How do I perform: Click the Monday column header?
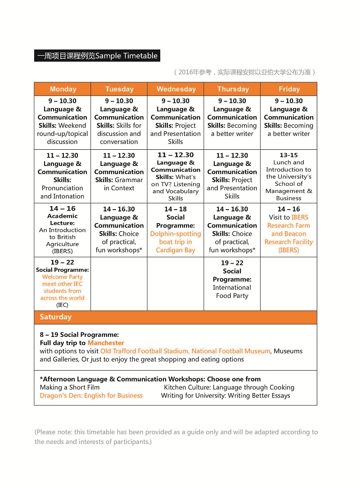coord(63,89)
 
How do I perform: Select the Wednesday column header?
coord(176,89)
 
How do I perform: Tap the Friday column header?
coord(289,89)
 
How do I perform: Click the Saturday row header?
coord(55,317)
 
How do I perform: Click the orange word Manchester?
coord(106,343)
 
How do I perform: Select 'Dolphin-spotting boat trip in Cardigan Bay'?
coord(175,242)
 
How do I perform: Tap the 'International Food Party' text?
coord(232,291)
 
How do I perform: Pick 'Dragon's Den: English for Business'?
coord(91,396)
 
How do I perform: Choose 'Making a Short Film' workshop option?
coord(70,387)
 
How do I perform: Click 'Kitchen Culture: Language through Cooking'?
coord(229,387)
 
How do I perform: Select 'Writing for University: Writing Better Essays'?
coord(225,396)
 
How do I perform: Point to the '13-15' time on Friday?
coord(288,155)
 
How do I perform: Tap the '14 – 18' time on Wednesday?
coord(175,209)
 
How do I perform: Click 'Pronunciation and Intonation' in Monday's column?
coord(63,192)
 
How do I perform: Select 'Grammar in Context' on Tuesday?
coord(119,184)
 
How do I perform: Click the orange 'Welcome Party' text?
coord(63,277)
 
